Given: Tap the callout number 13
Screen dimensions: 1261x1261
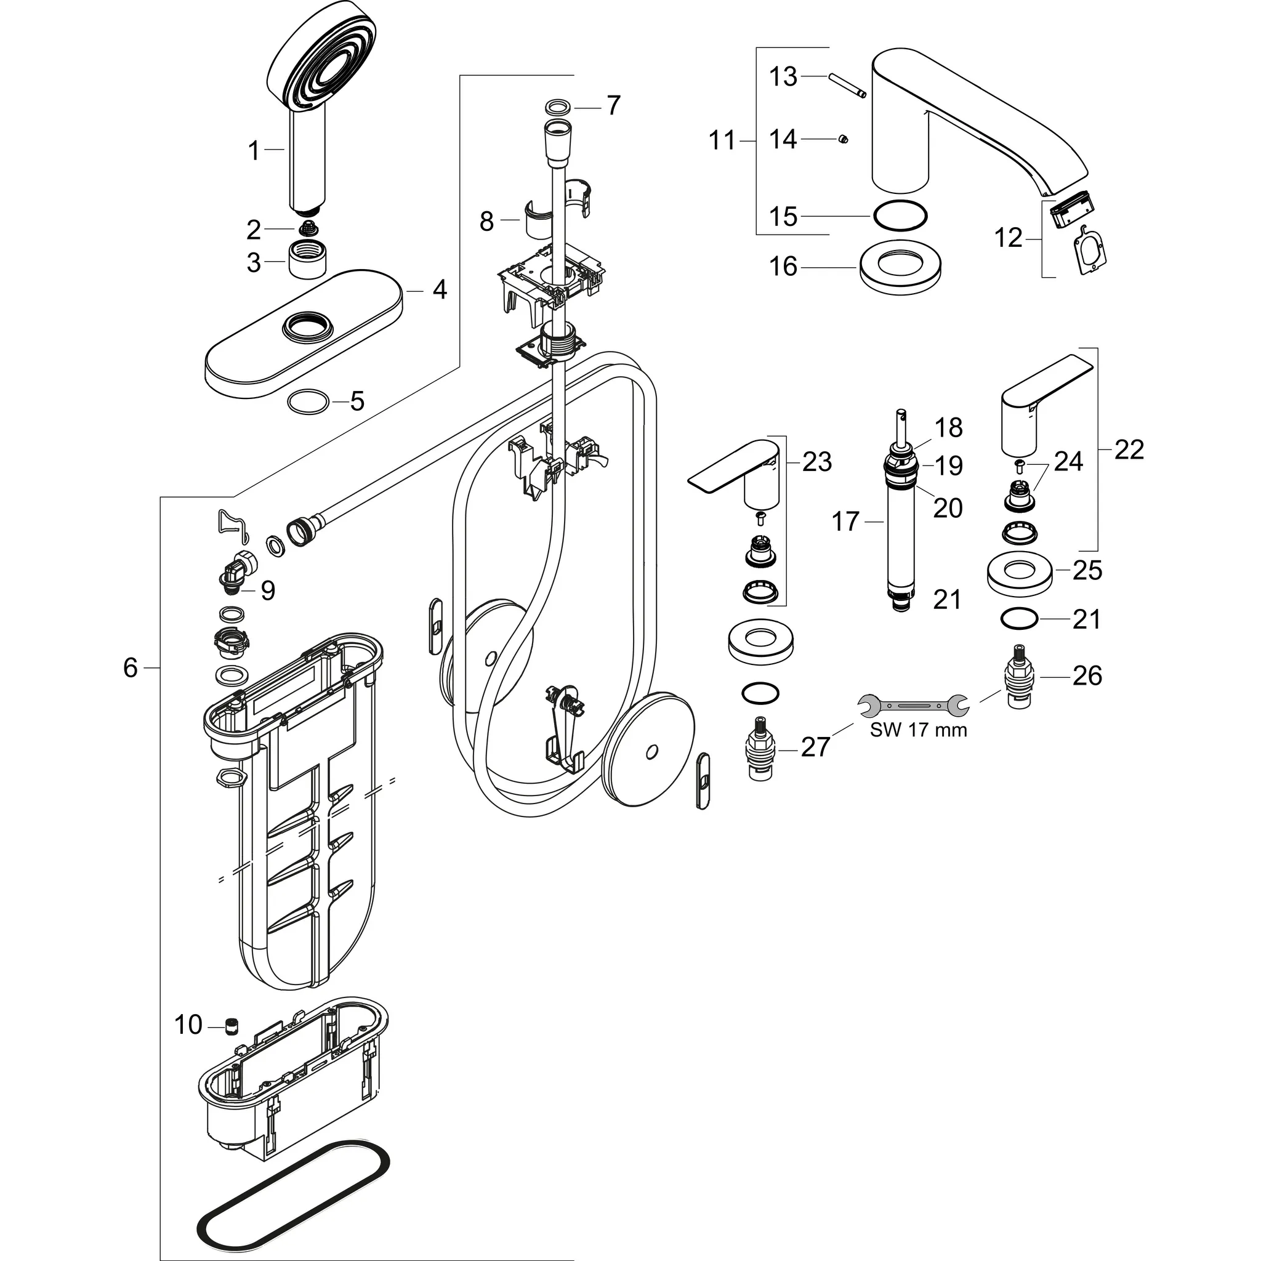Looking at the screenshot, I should (x=783, y=77).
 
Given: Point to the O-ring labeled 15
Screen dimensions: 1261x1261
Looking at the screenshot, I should (x=900, y=216).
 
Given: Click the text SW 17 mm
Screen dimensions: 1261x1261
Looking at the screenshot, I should (x=918, y=730).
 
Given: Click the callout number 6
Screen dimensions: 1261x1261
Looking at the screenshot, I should (x=131, y=667).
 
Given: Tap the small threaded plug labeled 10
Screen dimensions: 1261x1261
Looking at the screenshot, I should (x=231, y=1026).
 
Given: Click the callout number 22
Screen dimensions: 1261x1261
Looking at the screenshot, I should (x=1129, y=449).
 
